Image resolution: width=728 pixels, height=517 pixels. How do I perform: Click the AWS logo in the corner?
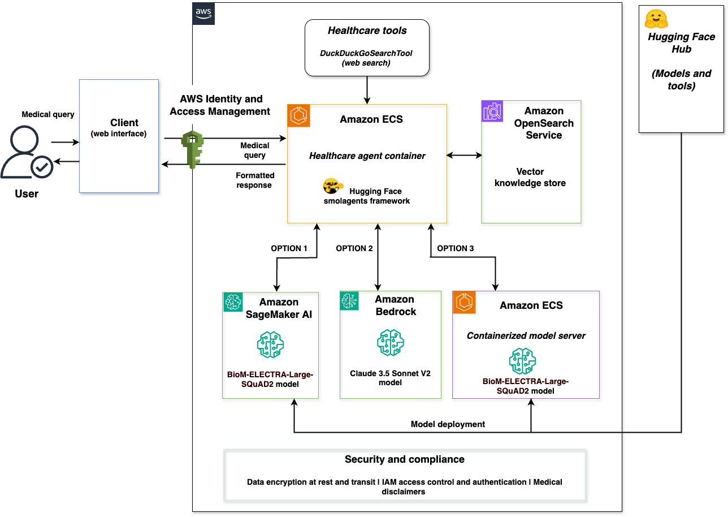203,13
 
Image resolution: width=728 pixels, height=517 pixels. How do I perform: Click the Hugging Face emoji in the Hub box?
656,19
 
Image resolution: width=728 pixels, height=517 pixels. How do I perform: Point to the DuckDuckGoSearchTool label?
366,53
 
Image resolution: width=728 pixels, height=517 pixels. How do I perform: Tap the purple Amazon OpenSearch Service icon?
492,111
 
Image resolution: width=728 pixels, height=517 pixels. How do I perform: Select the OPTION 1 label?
289,248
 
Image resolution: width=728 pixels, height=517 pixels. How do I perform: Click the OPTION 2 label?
354,248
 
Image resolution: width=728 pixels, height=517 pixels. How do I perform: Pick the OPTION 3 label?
456,248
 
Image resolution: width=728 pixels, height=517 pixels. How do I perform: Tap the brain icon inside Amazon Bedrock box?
390,343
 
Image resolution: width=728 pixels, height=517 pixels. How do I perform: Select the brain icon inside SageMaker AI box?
270,345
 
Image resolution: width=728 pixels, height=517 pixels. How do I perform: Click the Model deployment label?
448,424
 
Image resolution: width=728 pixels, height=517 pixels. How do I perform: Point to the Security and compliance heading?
405,459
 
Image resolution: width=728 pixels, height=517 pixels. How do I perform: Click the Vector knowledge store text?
530,177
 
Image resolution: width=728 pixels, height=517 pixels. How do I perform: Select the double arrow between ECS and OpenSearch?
464,155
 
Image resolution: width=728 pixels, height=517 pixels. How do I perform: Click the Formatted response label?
255,180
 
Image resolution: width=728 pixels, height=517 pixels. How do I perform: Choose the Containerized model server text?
526,335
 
